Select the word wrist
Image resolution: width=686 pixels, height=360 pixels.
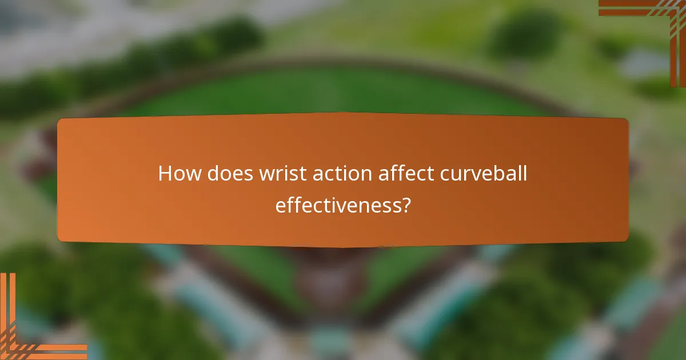(x=277, y=173)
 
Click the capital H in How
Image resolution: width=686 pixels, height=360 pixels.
(x=166, y=173)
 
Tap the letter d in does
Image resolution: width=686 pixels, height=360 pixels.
(x=213, y=173)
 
